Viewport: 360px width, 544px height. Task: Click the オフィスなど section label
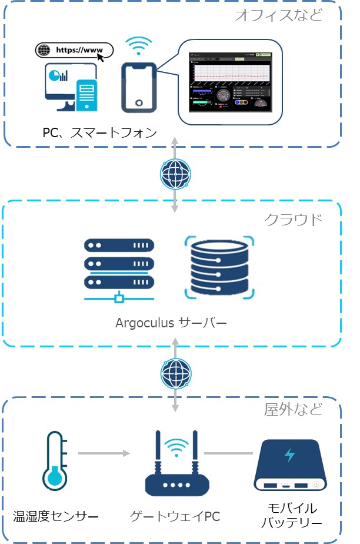pos(279,15)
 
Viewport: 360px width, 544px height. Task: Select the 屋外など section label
pos(293,409)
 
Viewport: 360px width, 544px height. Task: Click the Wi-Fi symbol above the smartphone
pos(139,46)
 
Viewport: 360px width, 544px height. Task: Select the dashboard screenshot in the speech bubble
pos(230,82)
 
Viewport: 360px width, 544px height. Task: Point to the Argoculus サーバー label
pos(171,323)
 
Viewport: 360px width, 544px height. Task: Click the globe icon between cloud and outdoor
pos(175,373)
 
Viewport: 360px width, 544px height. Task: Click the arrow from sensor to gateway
pos(104,453)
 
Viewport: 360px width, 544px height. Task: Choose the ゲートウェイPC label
pos(175,518)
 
